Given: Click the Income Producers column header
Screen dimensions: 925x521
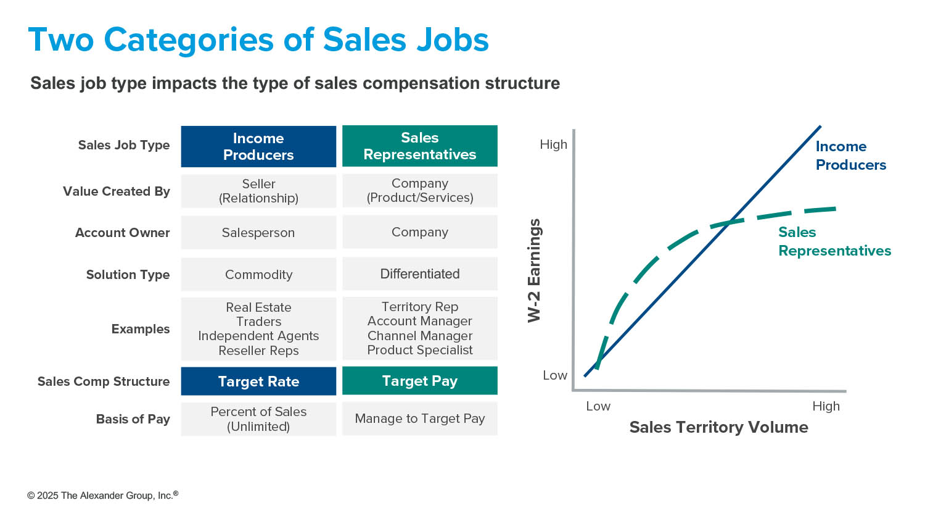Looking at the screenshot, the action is coord(258,146).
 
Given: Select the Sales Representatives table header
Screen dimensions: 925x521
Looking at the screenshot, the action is coord(420,146).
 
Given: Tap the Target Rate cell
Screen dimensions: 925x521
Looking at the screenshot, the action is coord(258,381).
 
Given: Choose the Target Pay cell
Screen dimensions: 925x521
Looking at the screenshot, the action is coord(420,381).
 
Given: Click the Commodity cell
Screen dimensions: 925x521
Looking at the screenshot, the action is coord(258,274).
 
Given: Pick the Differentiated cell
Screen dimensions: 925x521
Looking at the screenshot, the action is coord(420,273).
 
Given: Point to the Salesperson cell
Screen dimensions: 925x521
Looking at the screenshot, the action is coord(258,232).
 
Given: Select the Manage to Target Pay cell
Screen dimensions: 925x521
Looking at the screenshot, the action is coord(420,419).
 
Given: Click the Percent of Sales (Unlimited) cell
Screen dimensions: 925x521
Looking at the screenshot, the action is coord(258,419).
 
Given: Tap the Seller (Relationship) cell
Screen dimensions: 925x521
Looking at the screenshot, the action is coord(258,191).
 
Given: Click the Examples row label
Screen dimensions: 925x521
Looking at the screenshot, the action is coord(141,329).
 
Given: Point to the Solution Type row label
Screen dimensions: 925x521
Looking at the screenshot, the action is coord(128,275).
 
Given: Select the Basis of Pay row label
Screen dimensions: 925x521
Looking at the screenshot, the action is coord(133,419).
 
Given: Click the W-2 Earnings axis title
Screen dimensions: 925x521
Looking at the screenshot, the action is coord(535,270).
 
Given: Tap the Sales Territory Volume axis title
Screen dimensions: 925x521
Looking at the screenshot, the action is coord(718,427).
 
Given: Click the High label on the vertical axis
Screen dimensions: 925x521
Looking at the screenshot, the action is coord(553,144).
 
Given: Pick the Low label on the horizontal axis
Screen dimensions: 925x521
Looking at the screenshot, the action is coord(598,406).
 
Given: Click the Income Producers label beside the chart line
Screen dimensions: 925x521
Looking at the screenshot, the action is coord(850,156).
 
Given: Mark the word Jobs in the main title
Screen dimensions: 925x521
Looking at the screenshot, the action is coord(453,40).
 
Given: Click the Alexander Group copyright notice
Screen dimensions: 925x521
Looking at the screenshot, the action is coord(102,495).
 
